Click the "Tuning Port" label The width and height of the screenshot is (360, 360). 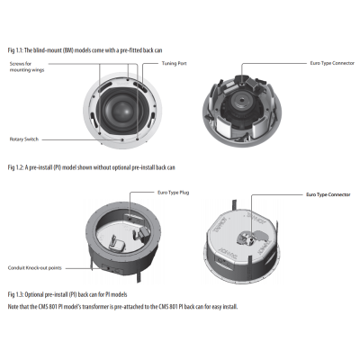pyautogui.click(x=174, y=63)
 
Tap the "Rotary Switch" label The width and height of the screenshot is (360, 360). pyautogui.click(x=24, y=139)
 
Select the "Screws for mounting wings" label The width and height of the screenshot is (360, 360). pyautogui.click(x=27, y=67)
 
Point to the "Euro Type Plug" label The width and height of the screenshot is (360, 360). pyautogui.click(x=173, y=193)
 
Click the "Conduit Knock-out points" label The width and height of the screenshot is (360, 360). pyautogui.click(x=35, y=268)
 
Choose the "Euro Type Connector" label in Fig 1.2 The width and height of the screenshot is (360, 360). pyautogui.click(x=332, y=63)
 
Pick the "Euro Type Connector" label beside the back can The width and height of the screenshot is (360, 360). pyautogui.click(x=328, y=194)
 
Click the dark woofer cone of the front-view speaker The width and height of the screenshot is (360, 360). pyautogui.click(x=122, y=111)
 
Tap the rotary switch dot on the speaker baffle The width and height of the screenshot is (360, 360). pyautogui.click(x=122, y=139)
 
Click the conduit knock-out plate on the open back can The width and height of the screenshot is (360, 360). pyautogui.click(x=112, y=268)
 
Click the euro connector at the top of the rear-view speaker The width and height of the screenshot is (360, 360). pyautogui.click(x=242, y=79)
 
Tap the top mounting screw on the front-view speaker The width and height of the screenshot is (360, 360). pyautogui.click(x=128, y=80)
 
